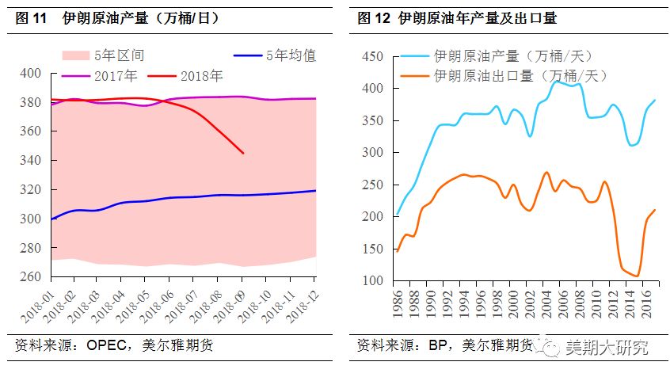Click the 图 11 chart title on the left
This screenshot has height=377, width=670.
coord(117,17)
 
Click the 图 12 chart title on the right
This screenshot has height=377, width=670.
coord(467,17)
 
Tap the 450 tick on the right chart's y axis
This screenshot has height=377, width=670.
coord(372,57)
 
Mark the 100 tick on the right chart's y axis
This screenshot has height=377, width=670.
coord(372,281)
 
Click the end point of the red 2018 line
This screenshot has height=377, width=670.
coord(242,153)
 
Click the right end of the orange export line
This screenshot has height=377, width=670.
coord(654,210)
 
